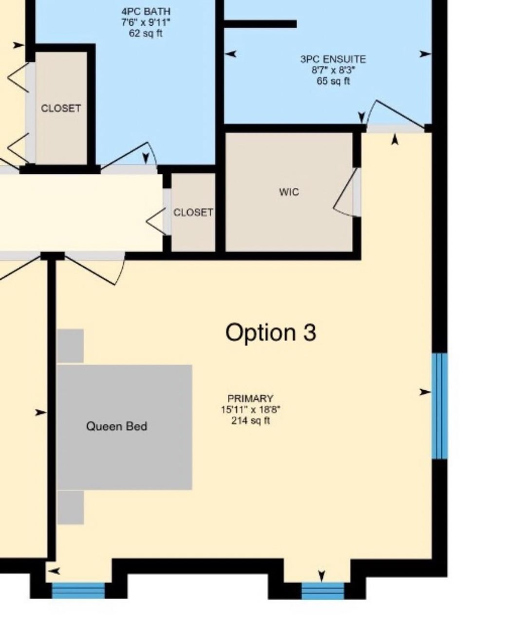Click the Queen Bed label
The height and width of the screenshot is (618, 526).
click(117, 426)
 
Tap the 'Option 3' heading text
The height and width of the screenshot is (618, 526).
click(271, 333)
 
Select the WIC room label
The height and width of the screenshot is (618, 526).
click(289, 192)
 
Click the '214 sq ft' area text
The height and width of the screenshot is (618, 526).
click(251, 420)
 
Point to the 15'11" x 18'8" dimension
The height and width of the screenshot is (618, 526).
click(251, 409)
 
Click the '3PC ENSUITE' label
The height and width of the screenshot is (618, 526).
click(333, 59)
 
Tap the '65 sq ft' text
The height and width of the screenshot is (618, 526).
click(333, 81)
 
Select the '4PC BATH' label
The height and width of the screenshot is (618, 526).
click(146, 12)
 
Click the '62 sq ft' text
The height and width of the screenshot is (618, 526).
click(146, 33)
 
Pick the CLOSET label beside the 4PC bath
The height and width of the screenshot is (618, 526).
click(61, 108)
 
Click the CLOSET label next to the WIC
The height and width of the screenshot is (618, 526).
click(193, 213)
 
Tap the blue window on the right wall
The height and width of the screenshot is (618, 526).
click(440, 406)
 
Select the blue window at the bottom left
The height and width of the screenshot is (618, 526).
click(78, 590)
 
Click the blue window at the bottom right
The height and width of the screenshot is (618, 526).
click(323, 591)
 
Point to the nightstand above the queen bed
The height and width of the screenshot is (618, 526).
click(70, 346)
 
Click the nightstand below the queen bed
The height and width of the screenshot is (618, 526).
click(70, 508)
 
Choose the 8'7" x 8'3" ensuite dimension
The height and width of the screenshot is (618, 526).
click(333, 70)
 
